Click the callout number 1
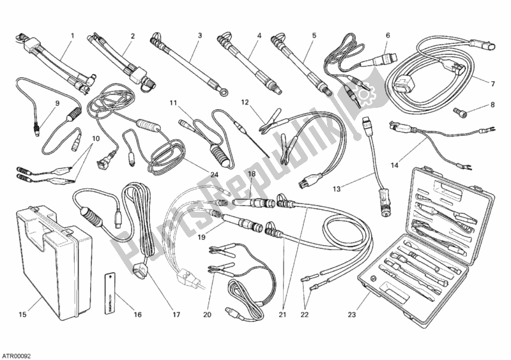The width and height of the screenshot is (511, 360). point(73,35)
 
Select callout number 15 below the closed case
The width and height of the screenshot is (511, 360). point(22,313)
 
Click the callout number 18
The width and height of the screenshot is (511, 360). point(252,174)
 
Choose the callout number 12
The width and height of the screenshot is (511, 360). point(245,102)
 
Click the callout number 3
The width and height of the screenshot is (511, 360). point(200,35)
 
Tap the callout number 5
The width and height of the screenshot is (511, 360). point(314,35)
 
